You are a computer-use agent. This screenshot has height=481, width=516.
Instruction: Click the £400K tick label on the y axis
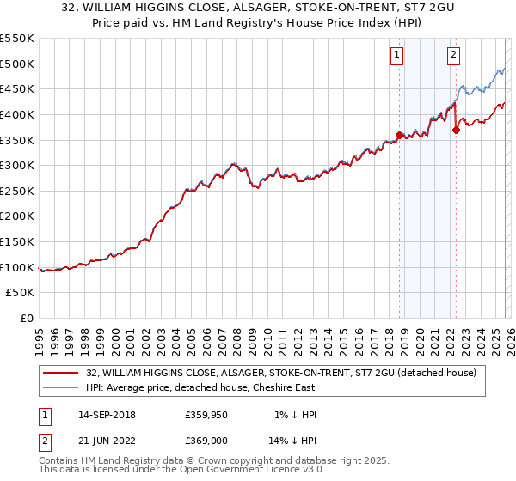tap(17, 114)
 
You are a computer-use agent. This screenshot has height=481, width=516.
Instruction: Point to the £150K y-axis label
tap(17, 241)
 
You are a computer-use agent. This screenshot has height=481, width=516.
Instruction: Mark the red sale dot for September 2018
tap(400, 135)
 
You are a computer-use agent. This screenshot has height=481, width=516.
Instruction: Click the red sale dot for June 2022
tap(457, 130)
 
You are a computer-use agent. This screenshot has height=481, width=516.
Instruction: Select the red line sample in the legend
tap(62, 373)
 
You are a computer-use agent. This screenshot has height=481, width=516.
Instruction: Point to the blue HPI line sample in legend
tap(62, 388)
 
